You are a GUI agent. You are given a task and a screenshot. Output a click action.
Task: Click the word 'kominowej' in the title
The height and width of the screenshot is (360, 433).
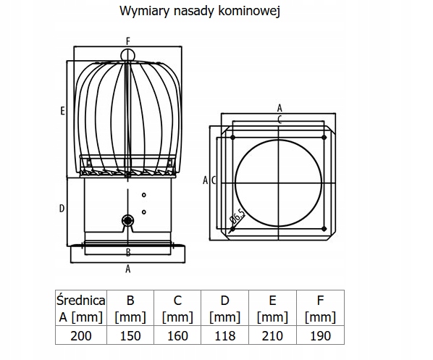click(x=249, y=11)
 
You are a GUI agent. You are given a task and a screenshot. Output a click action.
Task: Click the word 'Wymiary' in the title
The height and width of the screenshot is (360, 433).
click(x=143, y=12)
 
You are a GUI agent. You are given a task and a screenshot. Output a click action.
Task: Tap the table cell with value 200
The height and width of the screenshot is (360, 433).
click(x=81, y=335)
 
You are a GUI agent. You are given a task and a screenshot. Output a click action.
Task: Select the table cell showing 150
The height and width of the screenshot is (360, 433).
click(x=130, y=335)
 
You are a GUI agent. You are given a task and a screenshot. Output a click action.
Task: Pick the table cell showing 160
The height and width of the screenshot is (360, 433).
click(x=177, y=335)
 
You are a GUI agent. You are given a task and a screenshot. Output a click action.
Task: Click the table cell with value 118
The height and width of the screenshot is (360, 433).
click(x=225, y=335)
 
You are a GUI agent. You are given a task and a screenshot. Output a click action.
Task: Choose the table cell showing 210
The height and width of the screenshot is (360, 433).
click(x=272, y=335)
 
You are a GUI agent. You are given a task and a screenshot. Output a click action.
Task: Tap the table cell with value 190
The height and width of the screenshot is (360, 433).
click(x=320, y=335)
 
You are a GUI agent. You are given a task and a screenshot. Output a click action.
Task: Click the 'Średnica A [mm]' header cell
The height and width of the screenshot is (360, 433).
click(x=81, y=308)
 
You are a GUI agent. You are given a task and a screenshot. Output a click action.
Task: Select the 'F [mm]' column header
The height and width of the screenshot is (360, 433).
click(x=320, y=308)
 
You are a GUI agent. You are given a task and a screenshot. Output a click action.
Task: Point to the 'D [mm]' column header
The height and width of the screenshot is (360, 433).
click(x=225, y=308)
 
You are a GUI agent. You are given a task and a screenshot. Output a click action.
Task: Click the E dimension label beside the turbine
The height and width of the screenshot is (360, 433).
click(x=63, y=111)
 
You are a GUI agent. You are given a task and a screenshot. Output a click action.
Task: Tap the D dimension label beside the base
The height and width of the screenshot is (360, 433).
click(x=62, y=209)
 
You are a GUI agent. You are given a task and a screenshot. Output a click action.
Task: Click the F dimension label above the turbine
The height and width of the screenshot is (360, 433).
click(x=128, y=41)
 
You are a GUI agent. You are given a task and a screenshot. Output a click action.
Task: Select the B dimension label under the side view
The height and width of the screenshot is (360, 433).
click(x=128, y=252)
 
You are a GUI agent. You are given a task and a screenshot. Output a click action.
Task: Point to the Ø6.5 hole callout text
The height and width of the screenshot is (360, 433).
click(x=237, y=216)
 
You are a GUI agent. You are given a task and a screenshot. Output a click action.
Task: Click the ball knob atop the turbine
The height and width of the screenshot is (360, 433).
click(x=128, y=56)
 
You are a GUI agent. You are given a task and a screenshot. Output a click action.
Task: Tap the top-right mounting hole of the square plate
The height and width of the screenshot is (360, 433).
click(x=324, y=138)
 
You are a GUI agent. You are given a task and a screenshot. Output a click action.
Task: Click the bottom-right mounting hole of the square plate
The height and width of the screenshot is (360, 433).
click(x=324, y=229)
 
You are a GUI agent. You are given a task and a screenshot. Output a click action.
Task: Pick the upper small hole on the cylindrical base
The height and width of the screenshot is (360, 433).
click(x=144, y=195)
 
